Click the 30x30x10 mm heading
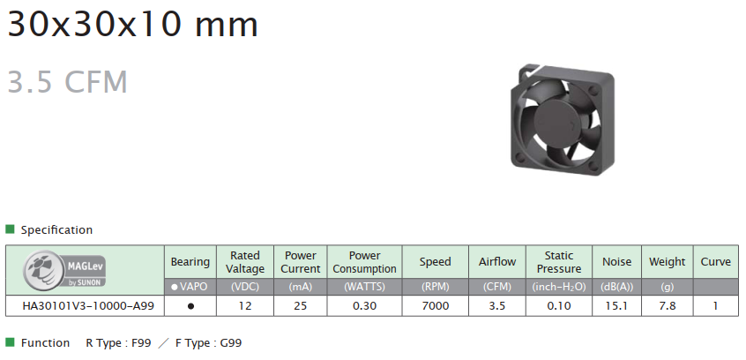133,24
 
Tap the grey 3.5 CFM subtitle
68,81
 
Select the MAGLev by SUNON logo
64,269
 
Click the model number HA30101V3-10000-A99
88,305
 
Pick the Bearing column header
190,261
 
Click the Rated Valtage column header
244,262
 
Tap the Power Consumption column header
364,262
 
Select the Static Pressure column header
559,262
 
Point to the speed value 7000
436,305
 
